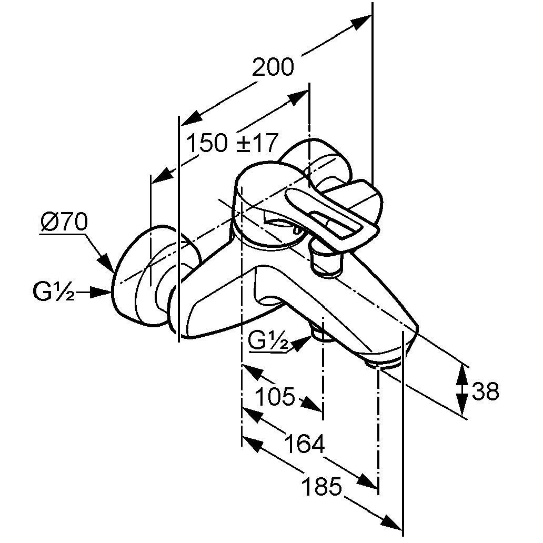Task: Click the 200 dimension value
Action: point(273,68)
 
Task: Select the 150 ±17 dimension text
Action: point(232,143)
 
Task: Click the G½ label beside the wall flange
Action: point(53,293)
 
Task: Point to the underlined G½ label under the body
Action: point(267,343)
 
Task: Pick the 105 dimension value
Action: point(275,396)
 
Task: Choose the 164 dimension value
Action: point(305,445)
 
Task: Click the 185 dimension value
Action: point(322,487)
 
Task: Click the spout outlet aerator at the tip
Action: point(384,363)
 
